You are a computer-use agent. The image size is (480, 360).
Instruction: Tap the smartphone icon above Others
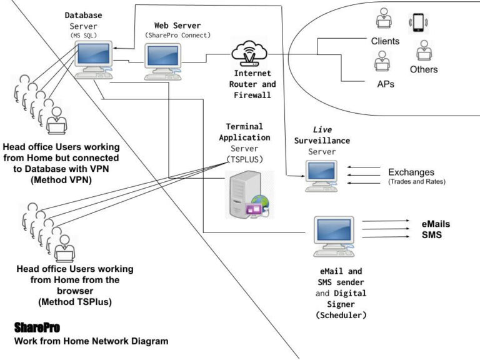coord(417,22)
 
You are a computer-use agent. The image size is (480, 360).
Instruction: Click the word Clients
coord(386,41)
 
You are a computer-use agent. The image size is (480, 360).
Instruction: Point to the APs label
coord(385,84)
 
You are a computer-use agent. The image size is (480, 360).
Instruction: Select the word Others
coord(424,69)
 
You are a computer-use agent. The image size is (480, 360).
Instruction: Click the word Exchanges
coord(411,172)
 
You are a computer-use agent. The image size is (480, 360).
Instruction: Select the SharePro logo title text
coord(37,327)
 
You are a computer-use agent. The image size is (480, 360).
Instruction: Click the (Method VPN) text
coord(60,180)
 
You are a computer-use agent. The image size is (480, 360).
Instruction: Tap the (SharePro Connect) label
coord(178,36)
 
